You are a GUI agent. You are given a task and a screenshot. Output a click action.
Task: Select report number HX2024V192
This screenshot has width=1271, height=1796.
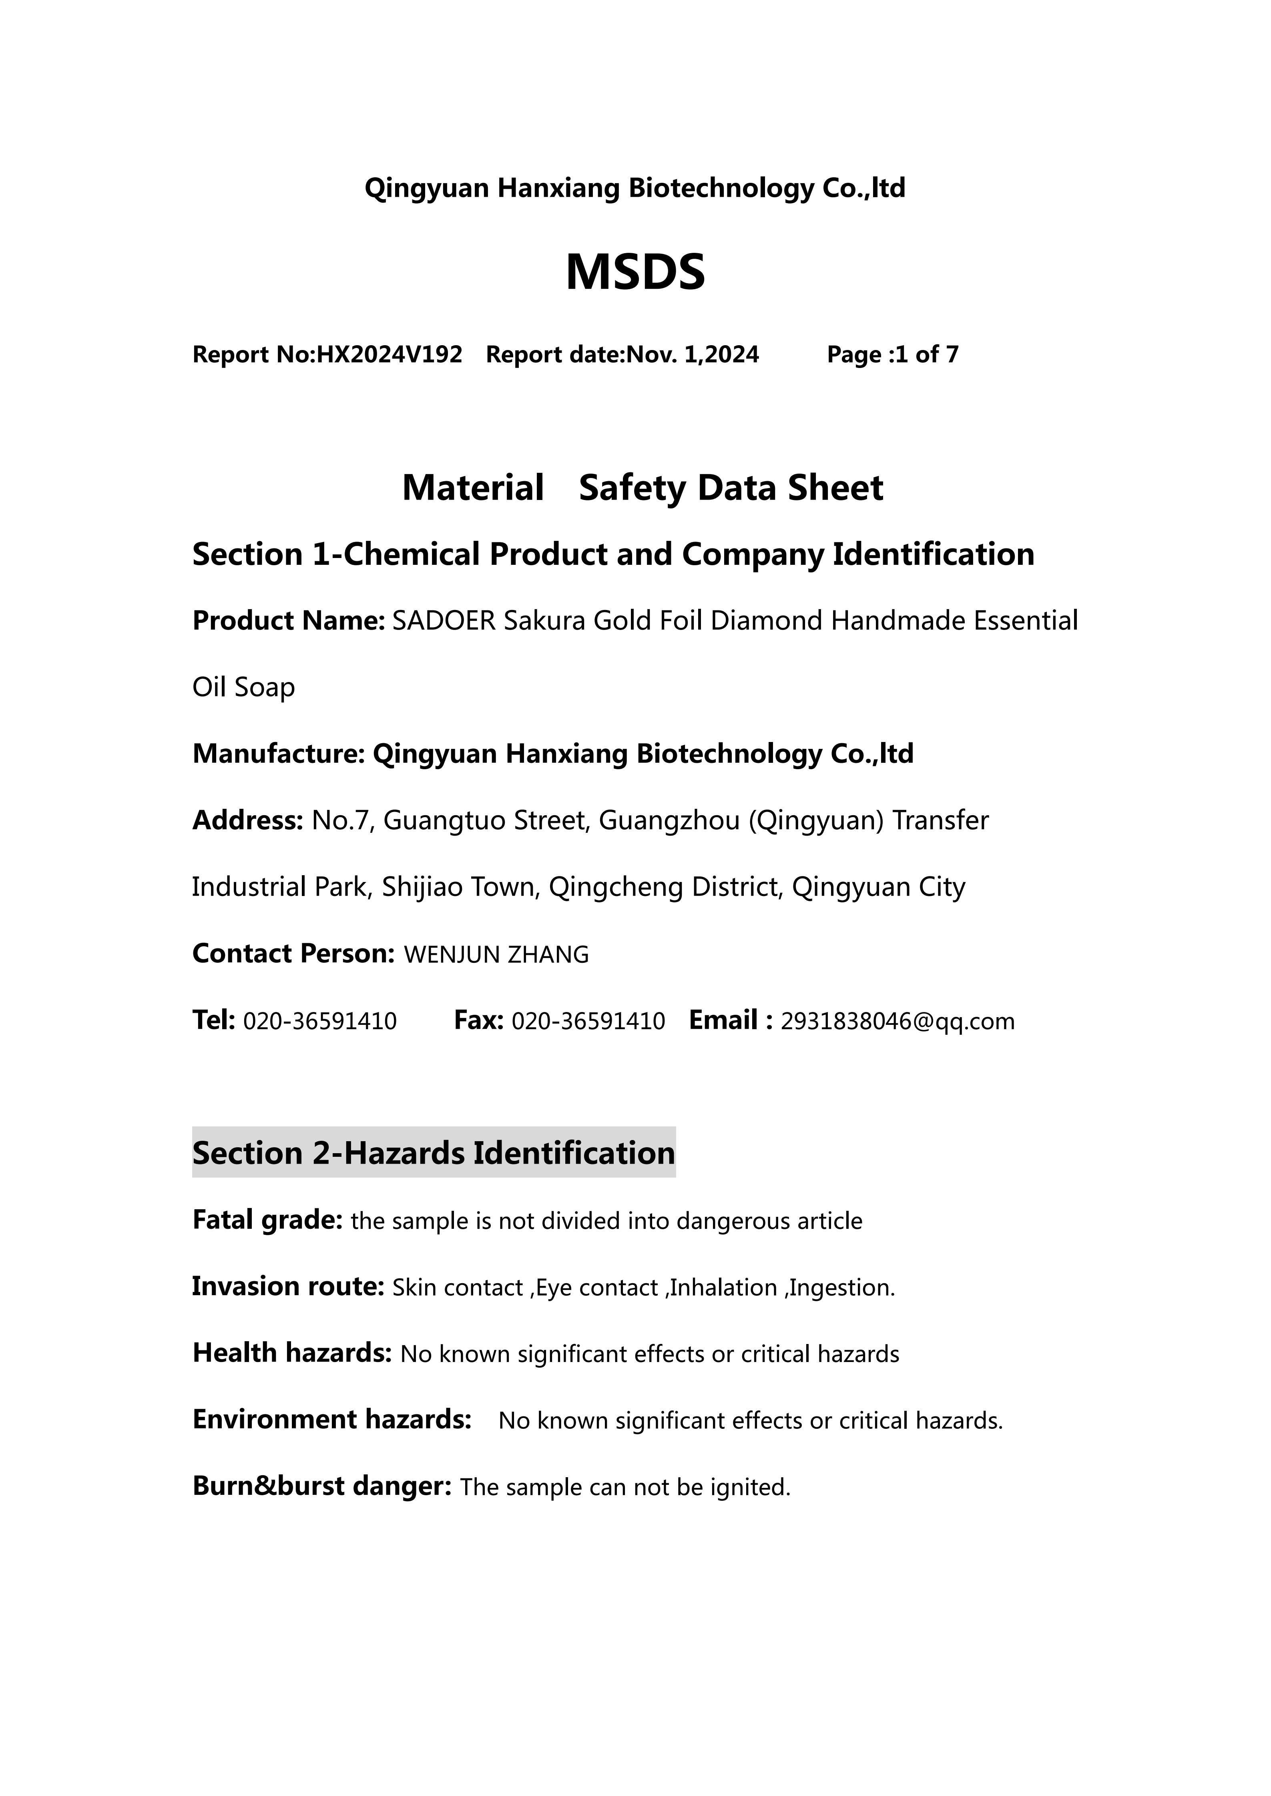tap(389, 355)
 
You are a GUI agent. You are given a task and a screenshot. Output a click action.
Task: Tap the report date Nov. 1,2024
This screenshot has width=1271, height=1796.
tap(693, 355)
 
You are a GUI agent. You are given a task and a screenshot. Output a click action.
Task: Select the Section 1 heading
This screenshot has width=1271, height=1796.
tap(613, 555)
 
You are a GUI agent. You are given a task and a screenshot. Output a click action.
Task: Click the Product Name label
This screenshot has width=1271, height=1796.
tap(288, 621)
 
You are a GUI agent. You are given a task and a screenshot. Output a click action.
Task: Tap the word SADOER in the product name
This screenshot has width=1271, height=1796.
tap(444, 621)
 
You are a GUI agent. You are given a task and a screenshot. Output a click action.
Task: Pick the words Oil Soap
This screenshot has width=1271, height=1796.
tap(243, 688)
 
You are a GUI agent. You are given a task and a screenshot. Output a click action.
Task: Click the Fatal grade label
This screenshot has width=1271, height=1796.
tap(267, 1220)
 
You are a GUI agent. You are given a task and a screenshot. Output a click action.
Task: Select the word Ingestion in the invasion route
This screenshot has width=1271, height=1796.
tap(841, 1288)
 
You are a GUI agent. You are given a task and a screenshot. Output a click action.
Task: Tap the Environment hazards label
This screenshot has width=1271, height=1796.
tap(332, 1420)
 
